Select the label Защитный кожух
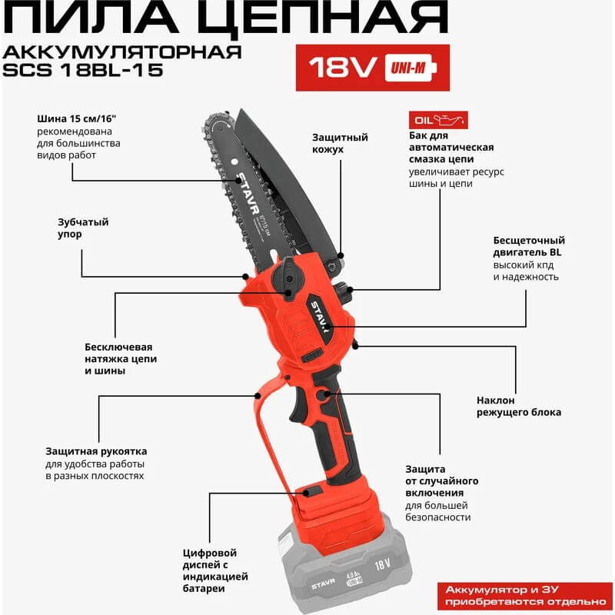click(x=340, y=143)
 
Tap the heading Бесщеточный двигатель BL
click(x=528, y=246)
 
